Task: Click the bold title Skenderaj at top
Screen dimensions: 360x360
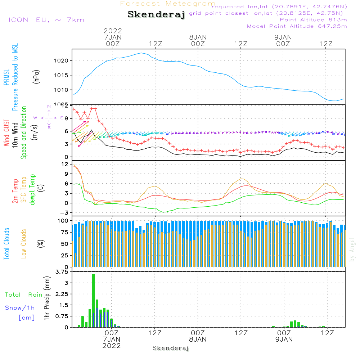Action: pyautogui.click(x=156, y=15)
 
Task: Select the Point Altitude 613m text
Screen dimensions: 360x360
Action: pyautogui.click(x=313, y=20)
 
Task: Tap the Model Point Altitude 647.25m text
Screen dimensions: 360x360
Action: pyautogui.click(x=297, y=26)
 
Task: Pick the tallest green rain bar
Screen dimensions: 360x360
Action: pyautogui.click(x=93, y=301)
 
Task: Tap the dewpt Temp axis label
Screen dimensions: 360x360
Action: pyautogui.click(x=33, y=190)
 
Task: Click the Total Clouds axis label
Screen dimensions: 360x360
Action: pyautogui.click(x=7, y=244)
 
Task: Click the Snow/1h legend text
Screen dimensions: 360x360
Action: pyautogui.click(x=20, y=308)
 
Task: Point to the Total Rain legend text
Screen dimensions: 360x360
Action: pyautogui.click(x=23, y=295)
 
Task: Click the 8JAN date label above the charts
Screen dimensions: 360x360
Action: pyautogui.click(x=198, y=37)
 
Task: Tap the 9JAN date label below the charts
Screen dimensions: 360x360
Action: pyautogui.click(x=284, y=339)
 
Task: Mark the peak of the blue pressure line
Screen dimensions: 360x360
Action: pyautogui.click(x=141, y=53)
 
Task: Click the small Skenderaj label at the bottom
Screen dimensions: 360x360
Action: pyautogui.click(x=171, y=348)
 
